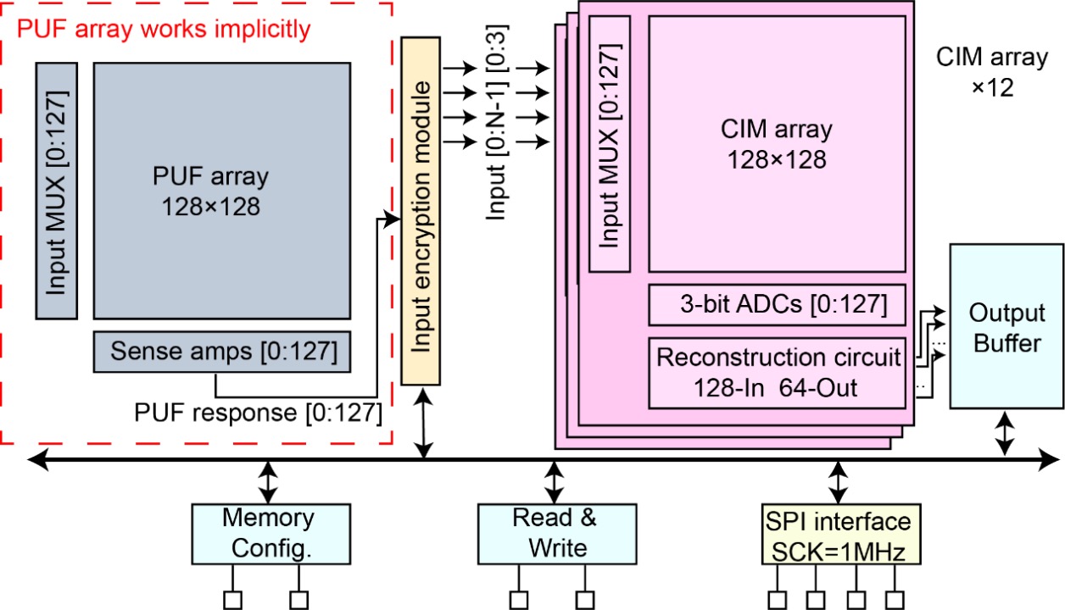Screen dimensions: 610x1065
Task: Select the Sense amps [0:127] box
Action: pos(222,352)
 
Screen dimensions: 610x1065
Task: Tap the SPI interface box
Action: pos(839,533)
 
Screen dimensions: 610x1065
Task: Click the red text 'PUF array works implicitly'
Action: pos(164,30)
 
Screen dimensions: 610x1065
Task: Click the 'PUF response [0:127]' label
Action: pos(258,414)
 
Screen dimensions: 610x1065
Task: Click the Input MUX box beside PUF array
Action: pos(57,189)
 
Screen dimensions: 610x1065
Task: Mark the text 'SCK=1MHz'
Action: pos(839,551)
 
